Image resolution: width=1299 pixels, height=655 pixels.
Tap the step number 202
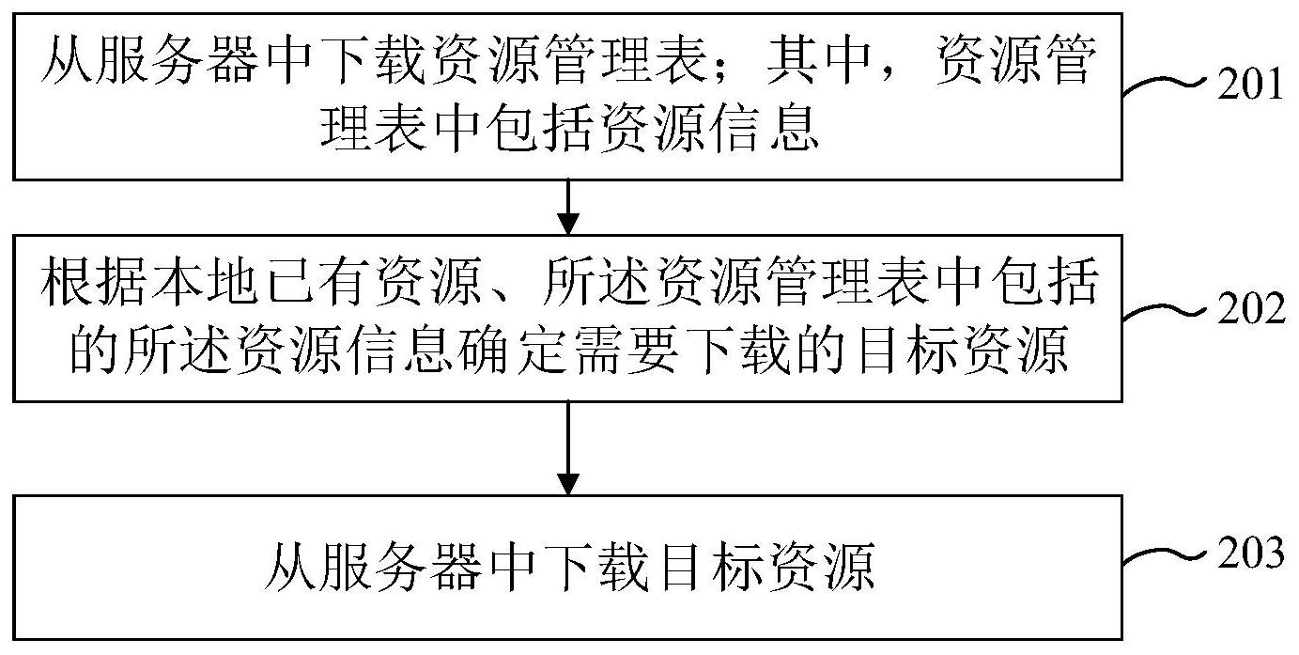tap(1250, 308)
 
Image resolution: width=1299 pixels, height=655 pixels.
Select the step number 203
tap(1250, 553)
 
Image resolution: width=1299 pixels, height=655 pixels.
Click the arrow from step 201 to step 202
tap(567, 207)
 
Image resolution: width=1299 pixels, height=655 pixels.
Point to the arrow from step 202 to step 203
tap(567, 448)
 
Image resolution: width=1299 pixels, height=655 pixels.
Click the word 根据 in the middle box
tap(94, 282)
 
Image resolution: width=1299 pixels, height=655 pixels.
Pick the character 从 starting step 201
tap(68, 59)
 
